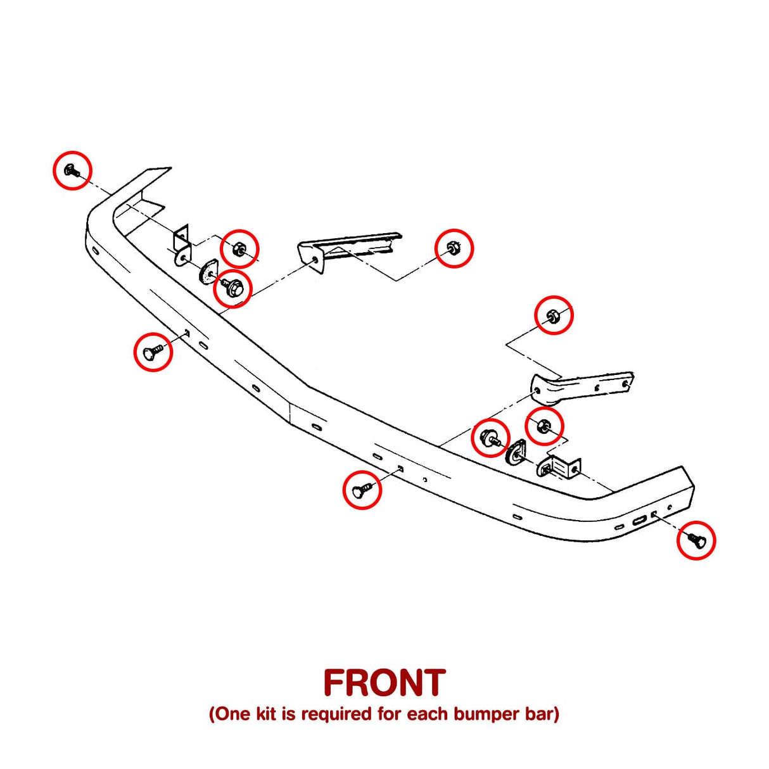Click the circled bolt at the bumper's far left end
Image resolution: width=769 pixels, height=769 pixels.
[x=72, y=170]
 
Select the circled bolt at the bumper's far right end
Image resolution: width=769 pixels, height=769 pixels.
[x=696, y=540]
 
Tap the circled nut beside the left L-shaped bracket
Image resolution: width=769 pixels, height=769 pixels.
[x=239, y=248]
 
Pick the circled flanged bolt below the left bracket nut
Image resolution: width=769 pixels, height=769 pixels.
[x=232, y=289]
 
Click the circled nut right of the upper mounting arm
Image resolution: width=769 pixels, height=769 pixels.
[x=454, y=248]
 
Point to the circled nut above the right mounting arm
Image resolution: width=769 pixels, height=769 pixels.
[x=554, y=315]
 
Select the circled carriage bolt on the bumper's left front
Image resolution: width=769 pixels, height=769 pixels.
[x=153, y=352]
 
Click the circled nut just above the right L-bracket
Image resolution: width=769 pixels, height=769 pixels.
[x=543, y=426]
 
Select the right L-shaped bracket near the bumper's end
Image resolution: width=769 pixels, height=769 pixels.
[x=560, y=467]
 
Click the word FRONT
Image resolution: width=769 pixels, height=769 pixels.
[x=384, y=683]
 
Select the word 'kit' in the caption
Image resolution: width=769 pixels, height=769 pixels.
[x=266, y=714]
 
